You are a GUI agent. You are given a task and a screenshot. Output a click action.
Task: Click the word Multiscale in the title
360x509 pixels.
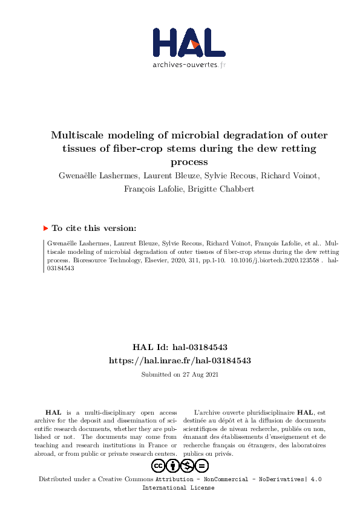point(77,135)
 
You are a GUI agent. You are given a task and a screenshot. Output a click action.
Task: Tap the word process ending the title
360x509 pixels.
point(189,162)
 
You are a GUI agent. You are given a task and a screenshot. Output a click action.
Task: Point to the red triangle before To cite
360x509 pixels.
point(45,229)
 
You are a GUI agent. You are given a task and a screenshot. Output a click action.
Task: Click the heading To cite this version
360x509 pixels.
point(94,229)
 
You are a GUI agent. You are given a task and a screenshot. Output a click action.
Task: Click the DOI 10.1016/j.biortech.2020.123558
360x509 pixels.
point(276,261)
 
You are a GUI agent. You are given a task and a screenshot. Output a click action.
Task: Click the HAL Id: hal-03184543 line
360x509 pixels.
point(180,348)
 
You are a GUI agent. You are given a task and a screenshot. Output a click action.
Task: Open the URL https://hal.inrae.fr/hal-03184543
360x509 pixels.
point(180,360)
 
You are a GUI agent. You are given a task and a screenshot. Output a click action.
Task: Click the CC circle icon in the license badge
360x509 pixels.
point(158,465)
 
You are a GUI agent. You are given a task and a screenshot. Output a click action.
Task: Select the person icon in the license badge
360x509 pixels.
point(172,465)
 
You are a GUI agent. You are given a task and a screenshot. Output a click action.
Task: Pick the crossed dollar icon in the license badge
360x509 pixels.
point(187,465)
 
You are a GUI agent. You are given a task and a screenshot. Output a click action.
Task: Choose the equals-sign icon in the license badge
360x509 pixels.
point(201,465)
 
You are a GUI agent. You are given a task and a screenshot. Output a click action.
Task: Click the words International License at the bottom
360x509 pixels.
point(178,487)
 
